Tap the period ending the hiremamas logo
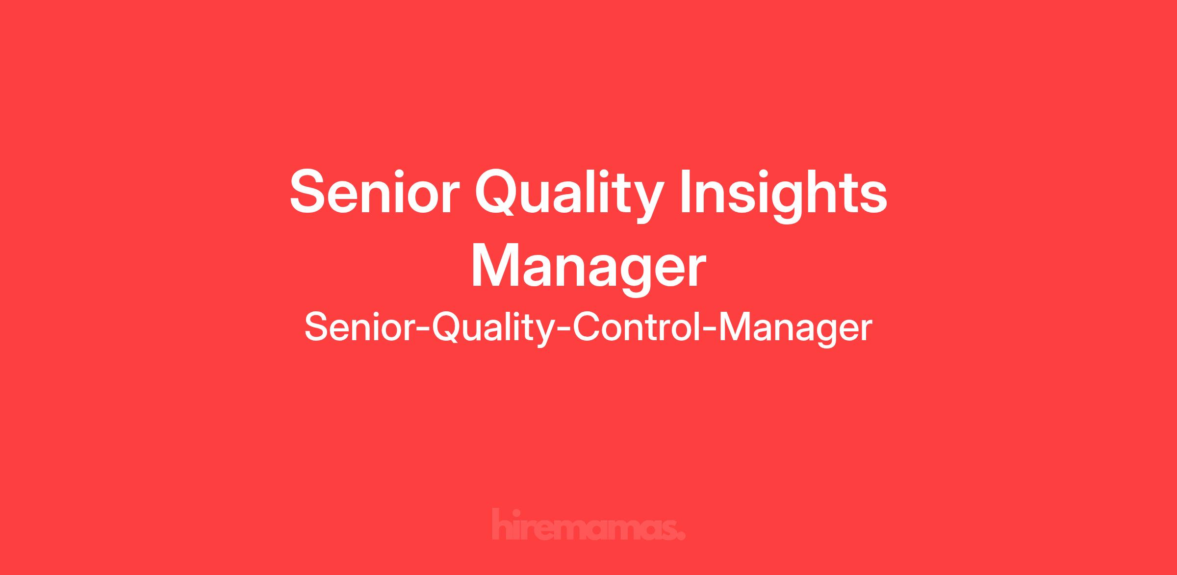681,536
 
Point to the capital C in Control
587,327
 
